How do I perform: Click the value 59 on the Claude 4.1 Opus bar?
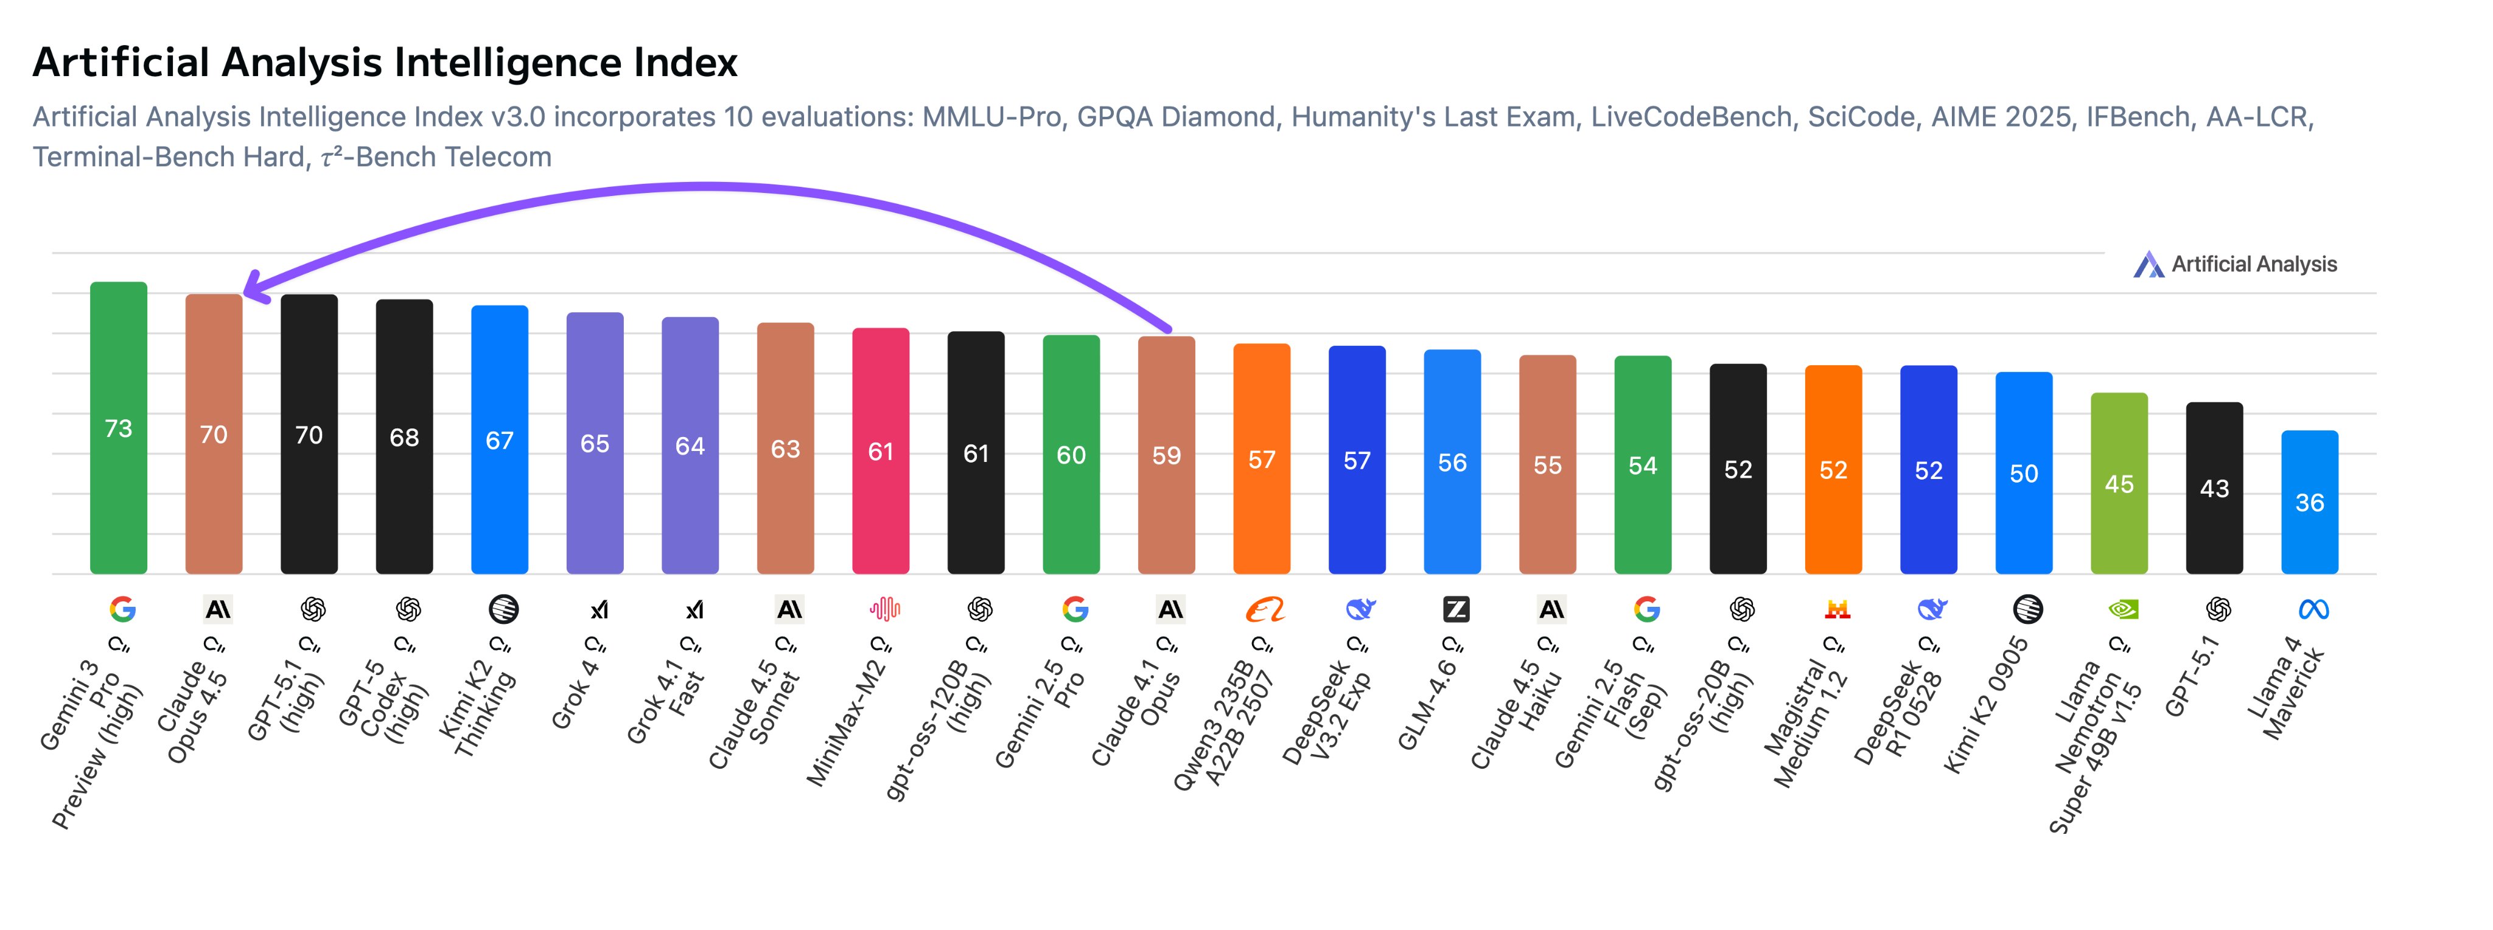(1166, 456)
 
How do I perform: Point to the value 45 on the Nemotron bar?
(2119, 484)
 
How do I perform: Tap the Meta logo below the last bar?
(2313, 609)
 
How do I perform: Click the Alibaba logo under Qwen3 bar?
(1265, 609)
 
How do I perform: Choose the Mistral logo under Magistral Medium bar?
(1837, 609)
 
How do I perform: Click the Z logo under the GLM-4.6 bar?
(1455, 609)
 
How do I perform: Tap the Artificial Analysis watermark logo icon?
(2149, 264)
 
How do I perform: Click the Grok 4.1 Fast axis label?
(668, 702)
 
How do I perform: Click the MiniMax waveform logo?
(884, 609)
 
